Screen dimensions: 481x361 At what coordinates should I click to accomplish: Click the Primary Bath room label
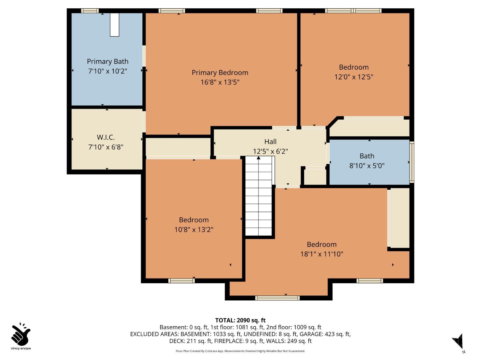(x=108, y=61)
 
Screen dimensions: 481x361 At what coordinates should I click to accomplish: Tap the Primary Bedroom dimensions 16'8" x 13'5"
(x=220, y=82)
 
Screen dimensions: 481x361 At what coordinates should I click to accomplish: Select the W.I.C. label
(x=105, y=137)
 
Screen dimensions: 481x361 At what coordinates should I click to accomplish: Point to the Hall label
(x=270, y=142)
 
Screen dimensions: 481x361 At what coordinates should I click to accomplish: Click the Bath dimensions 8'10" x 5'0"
(x=367, y=166)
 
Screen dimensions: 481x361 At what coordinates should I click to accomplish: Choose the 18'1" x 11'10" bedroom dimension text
(x=322, y=254)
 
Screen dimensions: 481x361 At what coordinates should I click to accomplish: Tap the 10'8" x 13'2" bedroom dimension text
(x=194, y=229)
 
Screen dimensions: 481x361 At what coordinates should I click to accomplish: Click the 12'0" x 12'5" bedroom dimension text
(x=354, y=77)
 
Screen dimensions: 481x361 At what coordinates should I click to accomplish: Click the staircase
(x=258, y=196)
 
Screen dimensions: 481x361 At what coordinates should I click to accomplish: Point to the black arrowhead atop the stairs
(x=258, y=158)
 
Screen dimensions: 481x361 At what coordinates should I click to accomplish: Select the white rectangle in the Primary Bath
(x=114, y=25)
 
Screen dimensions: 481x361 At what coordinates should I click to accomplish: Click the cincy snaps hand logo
(x=21, y=334)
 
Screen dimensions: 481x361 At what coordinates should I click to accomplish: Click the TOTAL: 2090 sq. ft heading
(x=240, y=320)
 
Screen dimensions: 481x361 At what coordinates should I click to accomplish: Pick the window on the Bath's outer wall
(x=412, y=162)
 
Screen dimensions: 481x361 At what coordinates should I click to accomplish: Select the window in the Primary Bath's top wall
(x=90, y=11)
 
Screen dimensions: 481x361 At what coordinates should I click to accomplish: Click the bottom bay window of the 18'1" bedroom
(x=277, y=298)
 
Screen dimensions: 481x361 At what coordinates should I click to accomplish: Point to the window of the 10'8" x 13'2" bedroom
(x=182, y=281)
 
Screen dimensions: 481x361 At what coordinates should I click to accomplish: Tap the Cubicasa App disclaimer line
(x=240, y=351)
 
